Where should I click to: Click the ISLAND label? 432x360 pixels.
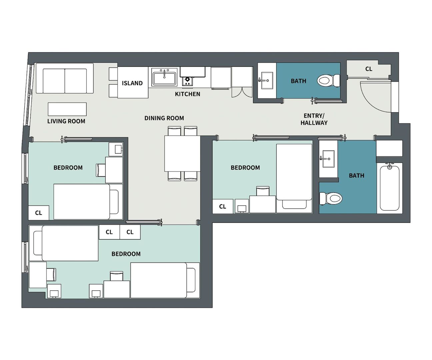(x=132, y=83)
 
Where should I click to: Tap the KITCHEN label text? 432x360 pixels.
(x=187, y=94)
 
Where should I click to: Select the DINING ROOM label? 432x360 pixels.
(x=164, y=118)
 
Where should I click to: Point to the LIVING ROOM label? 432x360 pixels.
(x=66, y=121)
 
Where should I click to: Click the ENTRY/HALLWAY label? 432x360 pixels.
(x=314, y=119)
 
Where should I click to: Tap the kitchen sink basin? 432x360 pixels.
(x=164, y=77)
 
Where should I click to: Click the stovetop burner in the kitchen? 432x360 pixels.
(x=187, y=81)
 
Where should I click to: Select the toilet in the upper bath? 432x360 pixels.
(x=328, y=81)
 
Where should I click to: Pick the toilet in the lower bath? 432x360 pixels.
(x=331, y=199)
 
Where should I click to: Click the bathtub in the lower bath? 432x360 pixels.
(x=390, y=188)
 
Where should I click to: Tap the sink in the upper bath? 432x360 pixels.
(x=267, y=80)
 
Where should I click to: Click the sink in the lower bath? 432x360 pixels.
(x=328, y=159)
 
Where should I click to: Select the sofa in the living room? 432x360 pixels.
(x=65, y=78)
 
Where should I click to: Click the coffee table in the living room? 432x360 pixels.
(x=67, y=109)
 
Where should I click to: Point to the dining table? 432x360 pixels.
(x=182, y=154)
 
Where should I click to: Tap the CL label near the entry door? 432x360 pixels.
(x=369, y=69)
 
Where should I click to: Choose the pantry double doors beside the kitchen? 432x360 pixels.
(x=242, y=92)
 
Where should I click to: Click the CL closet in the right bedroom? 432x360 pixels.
(x=223, y=206)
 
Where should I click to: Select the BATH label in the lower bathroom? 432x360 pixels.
(x=356, y=176)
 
